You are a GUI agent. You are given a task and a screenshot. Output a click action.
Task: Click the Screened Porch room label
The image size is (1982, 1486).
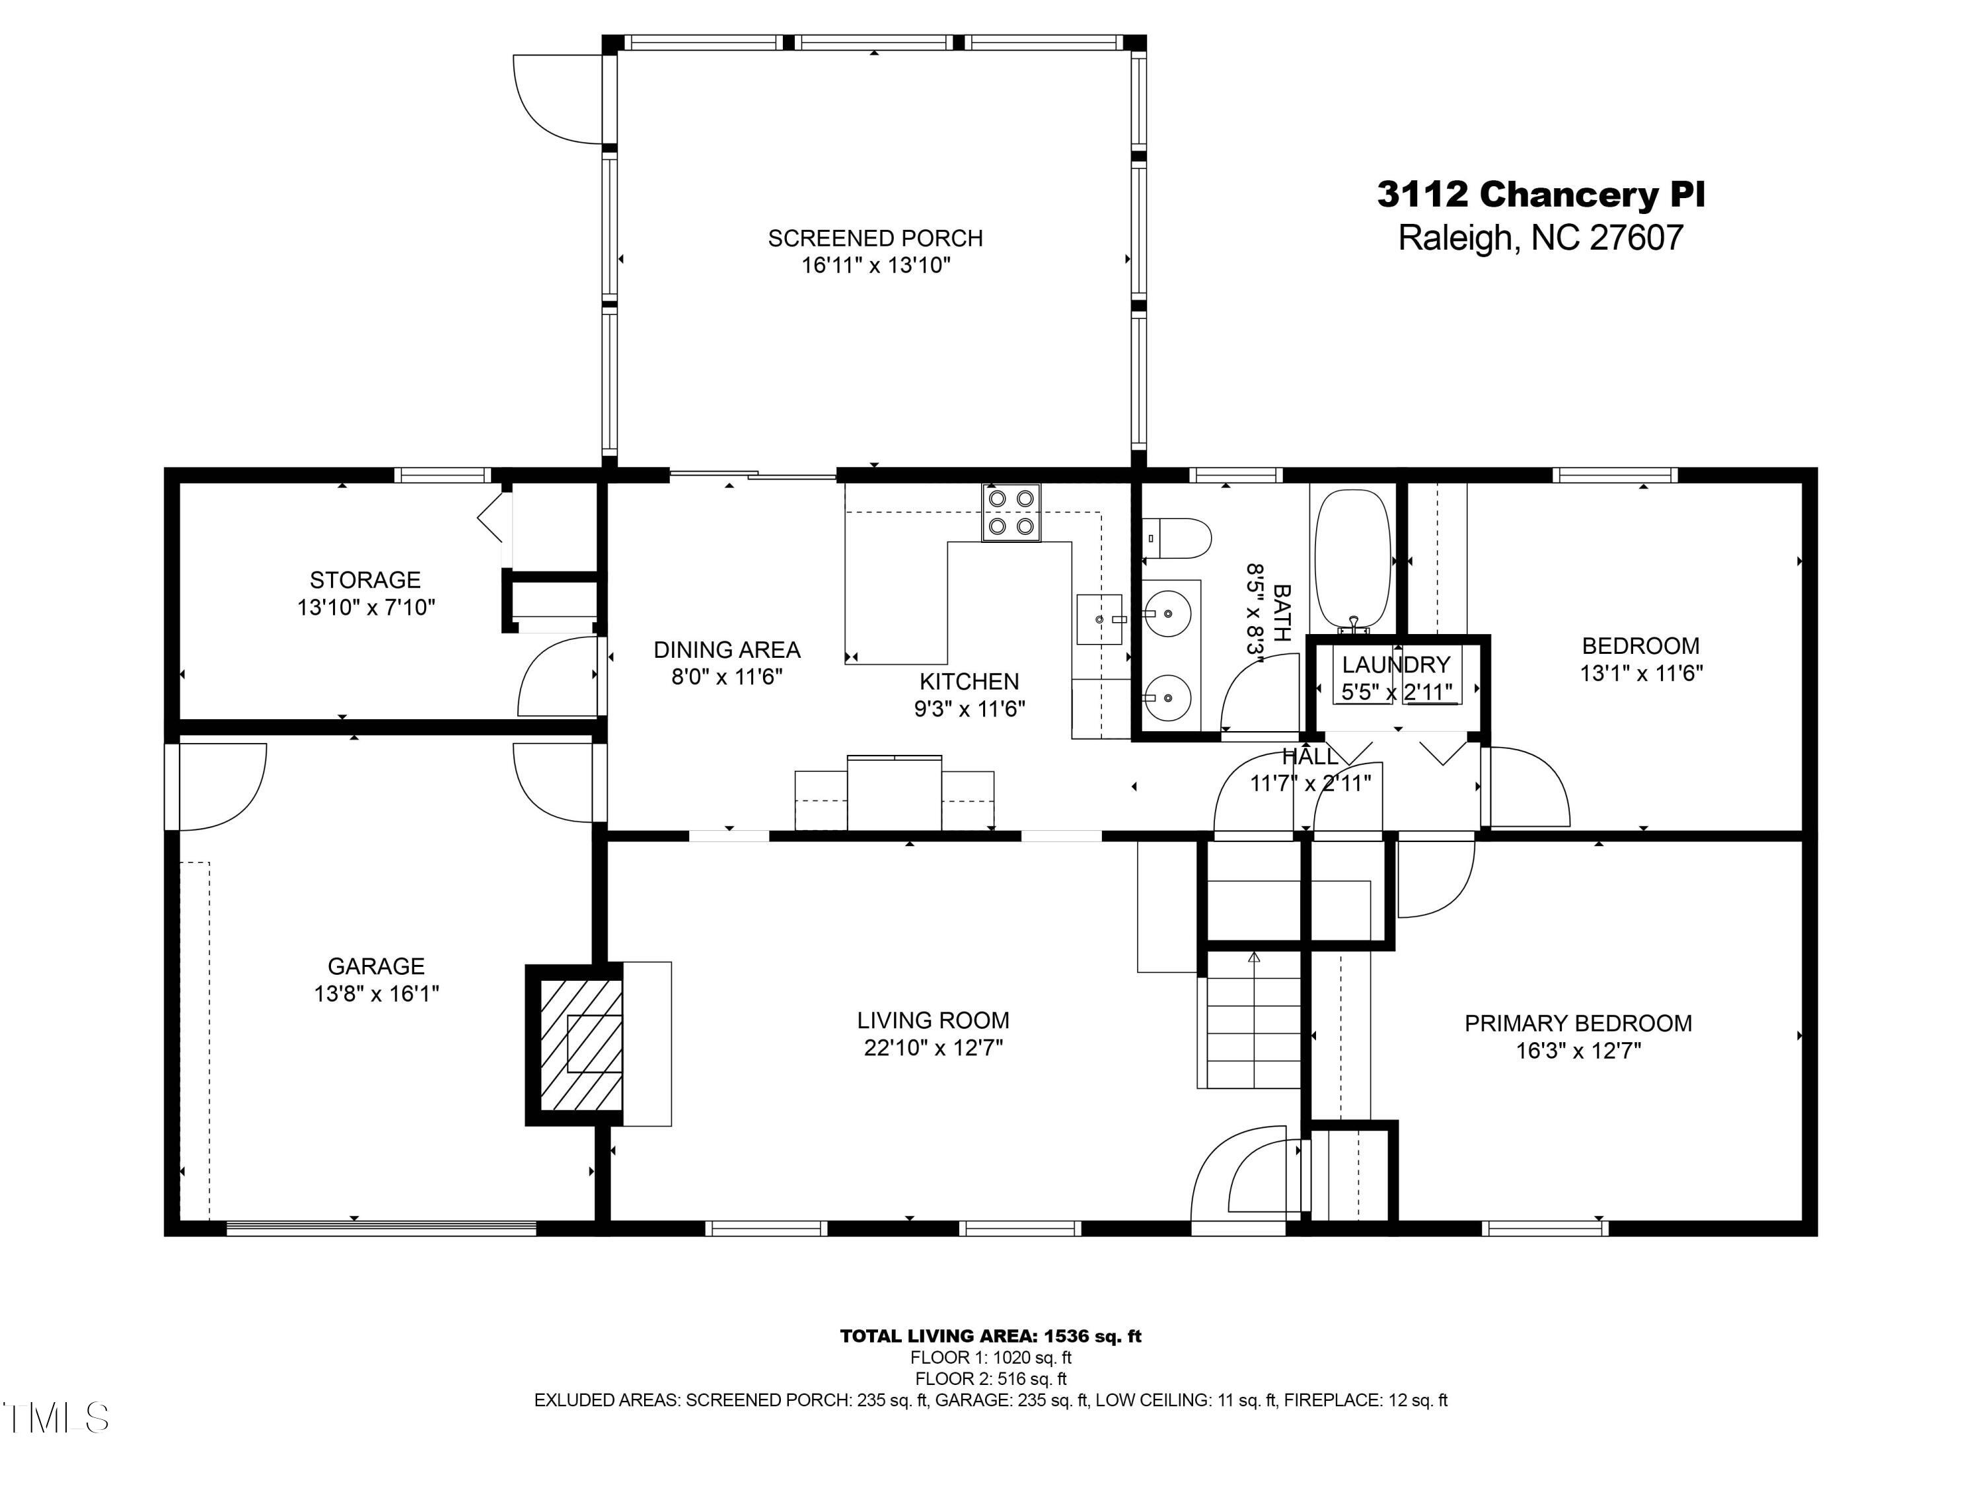pos(875,238)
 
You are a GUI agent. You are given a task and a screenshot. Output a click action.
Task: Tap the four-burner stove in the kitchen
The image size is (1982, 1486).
pos(1011,513)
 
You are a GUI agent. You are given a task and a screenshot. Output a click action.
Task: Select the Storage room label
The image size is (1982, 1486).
pos(365,579)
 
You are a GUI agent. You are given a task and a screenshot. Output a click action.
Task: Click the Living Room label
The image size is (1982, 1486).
pos(933,1020)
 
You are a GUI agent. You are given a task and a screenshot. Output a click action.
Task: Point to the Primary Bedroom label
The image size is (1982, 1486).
pos(1578,1023)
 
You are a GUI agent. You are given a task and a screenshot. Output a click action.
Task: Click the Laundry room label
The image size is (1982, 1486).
pos(1395,664)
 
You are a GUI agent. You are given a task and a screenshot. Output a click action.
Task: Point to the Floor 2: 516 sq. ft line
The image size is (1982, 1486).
pos(990,1378)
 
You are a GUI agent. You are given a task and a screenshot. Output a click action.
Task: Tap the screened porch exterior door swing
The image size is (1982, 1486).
pos(556,98)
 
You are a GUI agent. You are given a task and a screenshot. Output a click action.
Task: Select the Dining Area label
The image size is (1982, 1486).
pos(727,649)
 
